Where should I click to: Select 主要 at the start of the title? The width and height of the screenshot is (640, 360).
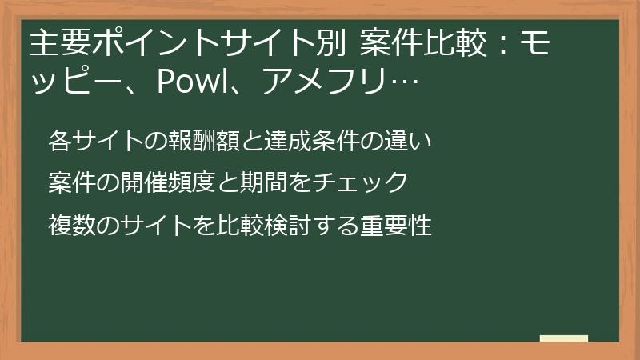click(55, 45)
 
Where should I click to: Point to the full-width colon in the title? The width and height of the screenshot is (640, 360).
click(497, 46)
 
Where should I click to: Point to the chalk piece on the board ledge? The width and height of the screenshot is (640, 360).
click(564, 338)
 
